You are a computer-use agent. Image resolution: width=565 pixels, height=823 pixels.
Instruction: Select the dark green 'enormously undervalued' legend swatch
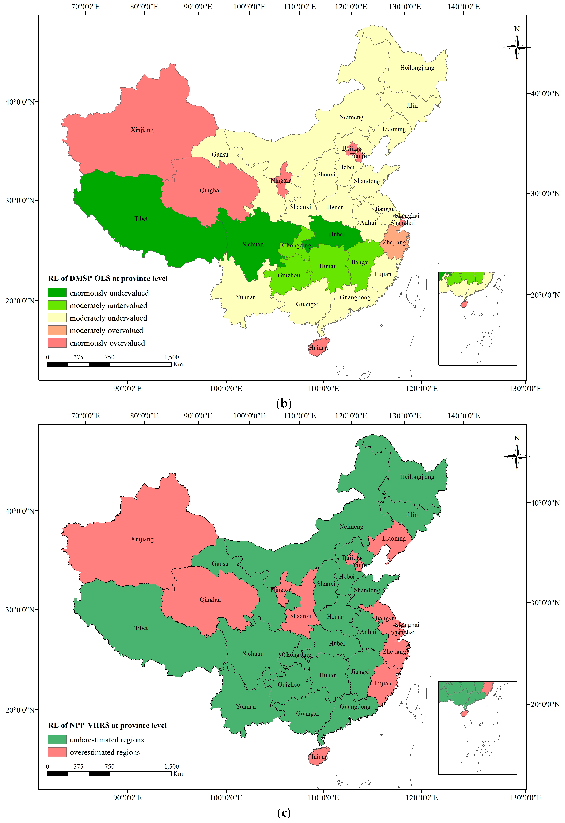click(x=57, y=293)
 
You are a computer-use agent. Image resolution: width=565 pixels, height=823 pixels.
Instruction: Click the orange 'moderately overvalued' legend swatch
click(x=57, y=330)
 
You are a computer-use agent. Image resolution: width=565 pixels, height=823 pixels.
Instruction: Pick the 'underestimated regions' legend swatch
click(x=57, y=739)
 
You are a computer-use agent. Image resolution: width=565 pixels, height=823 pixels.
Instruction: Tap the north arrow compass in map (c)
click(x=517, y=456)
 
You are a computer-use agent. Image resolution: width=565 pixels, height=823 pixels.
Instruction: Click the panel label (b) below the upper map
click(x=284, y=403)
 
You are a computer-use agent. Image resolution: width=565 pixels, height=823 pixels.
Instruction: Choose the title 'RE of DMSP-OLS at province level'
click(x=108, y=278)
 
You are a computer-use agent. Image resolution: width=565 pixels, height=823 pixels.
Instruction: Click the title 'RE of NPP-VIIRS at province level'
click(x=107, y=725)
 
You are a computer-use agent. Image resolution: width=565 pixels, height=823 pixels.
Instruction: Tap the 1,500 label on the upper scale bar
click(x=171, y=357)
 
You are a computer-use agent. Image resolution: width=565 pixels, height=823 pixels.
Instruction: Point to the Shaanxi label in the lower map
click(x=300, y=616)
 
